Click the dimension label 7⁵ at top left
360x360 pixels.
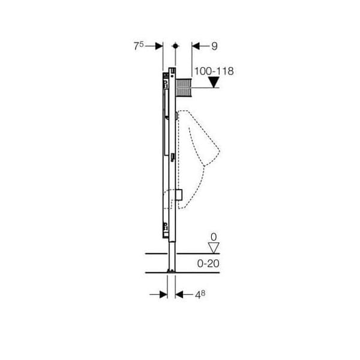(x=139, y=46)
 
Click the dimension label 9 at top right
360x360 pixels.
(x=214, y=46)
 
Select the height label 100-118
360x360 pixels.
(x=214, y=71)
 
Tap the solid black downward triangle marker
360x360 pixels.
(x=214, y=82)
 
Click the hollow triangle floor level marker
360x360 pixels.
(x=214, y=248)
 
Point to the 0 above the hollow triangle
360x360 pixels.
(x=214, y=237)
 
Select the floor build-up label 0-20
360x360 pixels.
(x=208, y=263)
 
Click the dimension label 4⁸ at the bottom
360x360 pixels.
(x=200, y=295)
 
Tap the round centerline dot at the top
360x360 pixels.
(x=176, y=46)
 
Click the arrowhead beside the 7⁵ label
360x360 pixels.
(x=159, y=46)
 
